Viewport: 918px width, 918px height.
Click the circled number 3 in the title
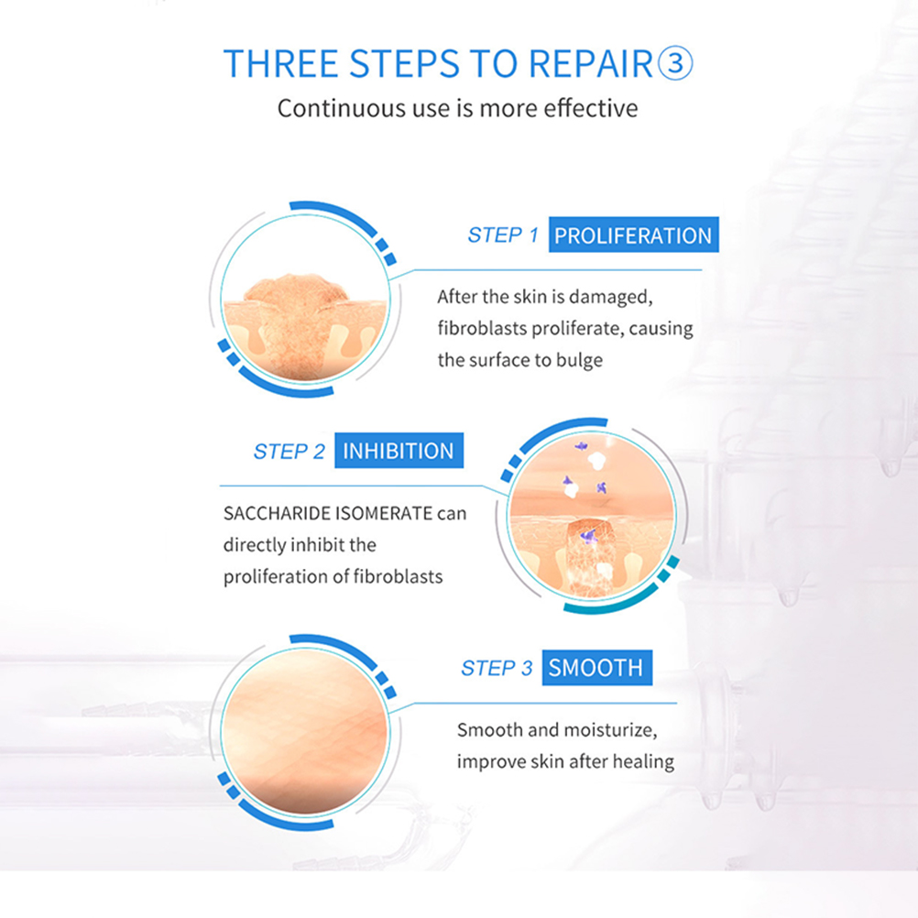pos(675,63)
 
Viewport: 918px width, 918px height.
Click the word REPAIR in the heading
pos(591,63)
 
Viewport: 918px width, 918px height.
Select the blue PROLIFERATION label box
pos(633,235)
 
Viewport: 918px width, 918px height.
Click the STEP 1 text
pos(503,235)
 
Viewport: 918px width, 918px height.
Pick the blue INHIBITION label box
pos(399,450)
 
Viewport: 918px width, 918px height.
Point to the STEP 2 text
pos(290,452)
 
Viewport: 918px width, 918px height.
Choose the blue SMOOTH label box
pos(596,667)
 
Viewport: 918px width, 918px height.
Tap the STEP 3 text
pos(497,668)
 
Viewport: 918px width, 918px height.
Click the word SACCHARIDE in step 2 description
pos(277,513)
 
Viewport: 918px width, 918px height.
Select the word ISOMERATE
pos(384,513)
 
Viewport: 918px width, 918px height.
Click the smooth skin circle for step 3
pos(304,732)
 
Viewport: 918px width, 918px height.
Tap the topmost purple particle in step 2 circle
pos(581,446)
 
